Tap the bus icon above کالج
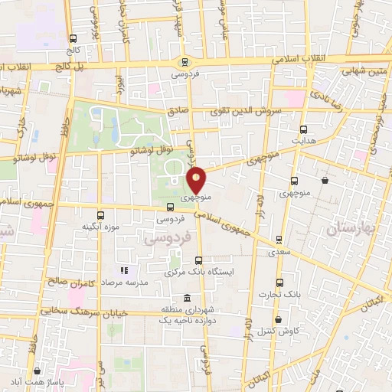click(73, 38)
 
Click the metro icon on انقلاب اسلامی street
click(184, 62)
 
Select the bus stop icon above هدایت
click(304, 129)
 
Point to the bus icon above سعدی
click(279, 238)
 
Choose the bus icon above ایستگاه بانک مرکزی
click(199, 260)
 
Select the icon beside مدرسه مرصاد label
click(124, 270)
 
